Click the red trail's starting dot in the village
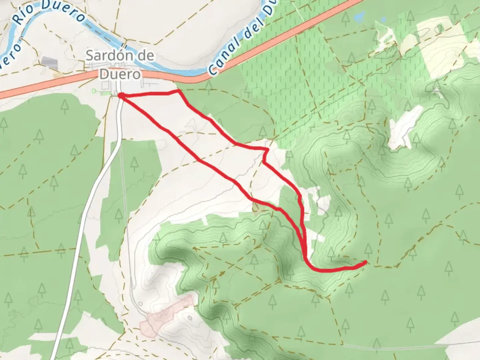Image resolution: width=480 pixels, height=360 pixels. click(121, 96)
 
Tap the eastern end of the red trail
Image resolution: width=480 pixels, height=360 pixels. click(366, 262)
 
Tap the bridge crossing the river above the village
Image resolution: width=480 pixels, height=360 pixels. click(124, 46)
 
